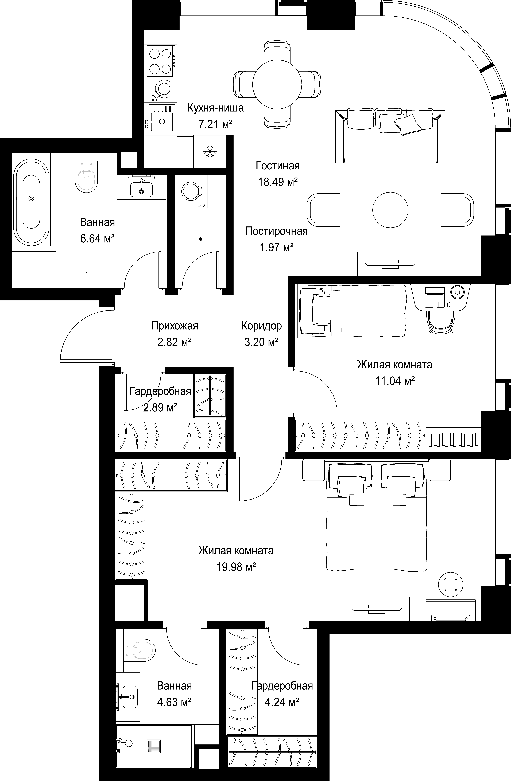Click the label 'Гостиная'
[278, 166]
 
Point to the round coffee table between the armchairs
[390, 209]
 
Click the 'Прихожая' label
[175, 326]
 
